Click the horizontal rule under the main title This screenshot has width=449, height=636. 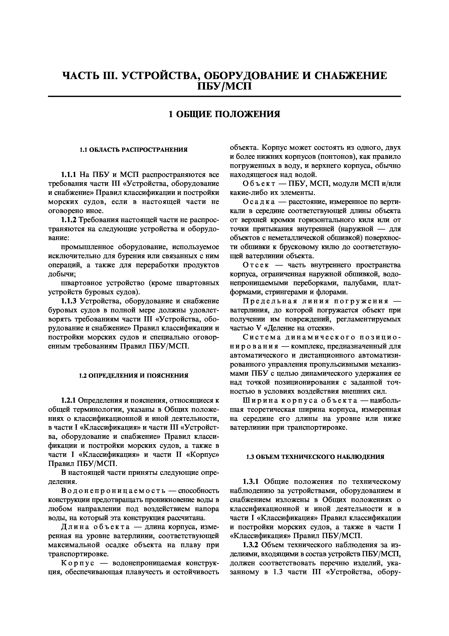coord(224,96)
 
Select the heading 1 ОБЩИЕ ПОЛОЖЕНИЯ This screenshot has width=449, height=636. coord(224,114)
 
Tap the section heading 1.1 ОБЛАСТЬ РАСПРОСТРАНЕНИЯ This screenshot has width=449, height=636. coord(134,150)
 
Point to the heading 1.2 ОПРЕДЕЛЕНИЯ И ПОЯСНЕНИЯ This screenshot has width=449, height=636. coord(134,376)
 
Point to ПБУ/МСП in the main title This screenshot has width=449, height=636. coord(224,86)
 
